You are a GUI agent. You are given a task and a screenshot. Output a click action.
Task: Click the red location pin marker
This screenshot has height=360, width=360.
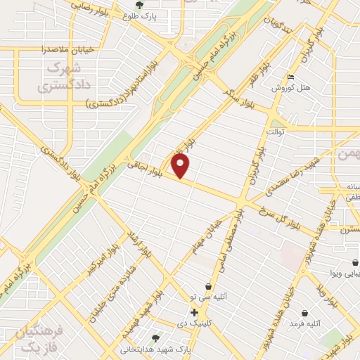pyautogui.click(x=181, y=166)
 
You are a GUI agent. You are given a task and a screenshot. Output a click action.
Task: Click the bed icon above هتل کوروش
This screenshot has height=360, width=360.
pyautogui.click(x=292, y=78)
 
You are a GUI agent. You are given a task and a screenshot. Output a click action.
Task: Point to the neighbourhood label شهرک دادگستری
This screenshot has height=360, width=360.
pyautogui.click(x=58, y=78)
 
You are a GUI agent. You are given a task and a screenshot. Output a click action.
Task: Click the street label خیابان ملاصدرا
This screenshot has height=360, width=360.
pyautogui.click(x=44, y=50)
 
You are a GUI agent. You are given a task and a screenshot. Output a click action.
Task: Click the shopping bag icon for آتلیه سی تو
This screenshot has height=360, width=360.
pyautogui.click(x=208, y=286)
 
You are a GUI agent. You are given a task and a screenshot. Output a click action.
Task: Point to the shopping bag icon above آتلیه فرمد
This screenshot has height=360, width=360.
pyautogui.click(x=304, y=313)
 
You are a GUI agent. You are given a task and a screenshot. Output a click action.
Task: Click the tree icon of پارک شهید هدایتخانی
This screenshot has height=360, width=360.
pyautogui.click(x=155, y=337)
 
